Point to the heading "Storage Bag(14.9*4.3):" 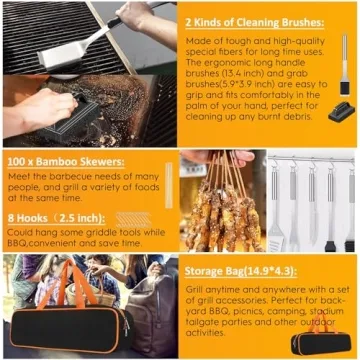point(239,268)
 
